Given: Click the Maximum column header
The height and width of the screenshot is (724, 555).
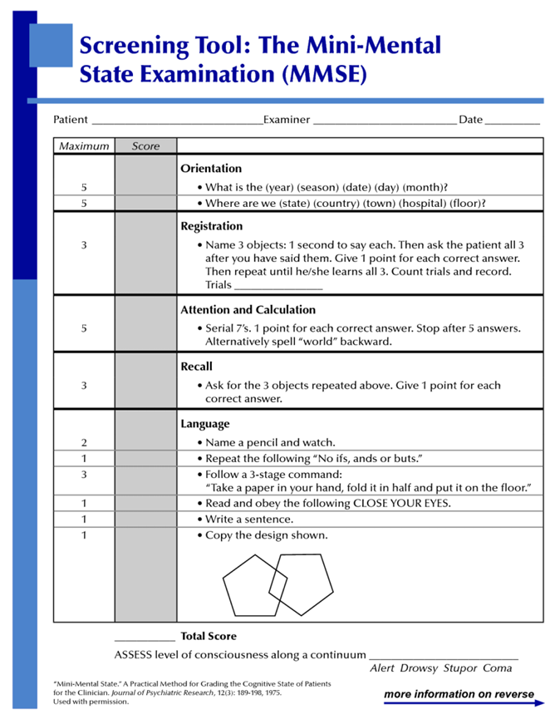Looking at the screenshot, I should pyautogui.click(x=83, y=146).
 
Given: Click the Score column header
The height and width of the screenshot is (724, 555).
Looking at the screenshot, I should pyautogui.click(x=145, y=146).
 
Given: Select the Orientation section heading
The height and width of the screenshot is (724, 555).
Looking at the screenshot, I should pyautogui.click(x=211, y=168).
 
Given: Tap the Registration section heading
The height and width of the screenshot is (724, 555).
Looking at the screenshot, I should pyautogui.click(x=212, y=226).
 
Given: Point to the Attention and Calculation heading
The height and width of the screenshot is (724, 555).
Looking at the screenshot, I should pyautogui.click(x=248, y=309).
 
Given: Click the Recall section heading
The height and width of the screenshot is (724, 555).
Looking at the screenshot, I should pyautogui.click(x=197, y=366).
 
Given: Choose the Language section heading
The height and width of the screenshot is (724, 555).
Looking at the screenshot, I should pyautogui.click(x=205, y=424).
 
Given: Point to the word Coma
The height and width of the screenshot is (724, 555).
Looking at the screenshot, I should pyautogui.click(x=498, y=667).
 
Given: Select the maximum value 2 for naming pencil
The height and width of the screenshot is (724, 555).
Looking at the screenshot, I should pyautogui.click(x=84, y=442).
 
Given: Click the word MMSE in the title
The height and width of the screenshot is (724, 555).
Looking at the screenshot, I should pyautogui.click(x=322, y=74).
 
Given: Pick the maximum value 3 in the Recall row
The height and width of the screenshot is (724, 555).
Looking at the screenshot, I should pyautogui.click(x=84, y=386).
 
